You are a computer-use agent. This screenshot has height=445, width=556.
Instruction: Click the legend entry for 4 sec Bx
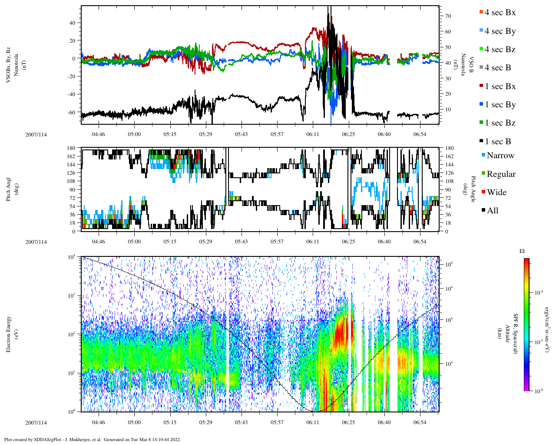coord(500,13)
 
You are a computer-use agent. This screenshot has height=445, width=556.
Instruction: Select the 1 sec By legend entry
coord(500,105)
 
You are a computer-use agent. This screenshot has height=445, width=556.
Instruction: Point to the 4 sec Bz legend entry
coord(500,50)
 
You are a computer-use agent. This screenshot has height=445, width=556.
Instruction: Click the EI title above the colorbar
coord(522,251)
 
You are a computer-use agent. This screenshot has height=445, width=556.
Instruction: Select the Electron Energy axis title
coord(8,334)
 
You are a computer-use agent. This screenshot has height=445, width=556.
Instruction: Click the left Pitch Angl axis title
coord(8,189)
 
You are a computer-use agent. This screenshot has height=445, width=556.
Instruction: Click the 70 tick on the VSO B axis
coord(448,16)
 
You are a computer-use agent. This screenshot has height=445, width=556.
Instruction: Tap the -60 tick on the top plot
coord(72,112)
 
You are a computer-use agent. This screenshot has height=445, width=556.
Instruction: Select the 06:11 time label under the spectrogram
coord(313,422)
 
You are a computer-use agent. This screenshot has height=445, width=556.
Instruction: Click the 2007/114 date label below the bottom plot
coord(36,423)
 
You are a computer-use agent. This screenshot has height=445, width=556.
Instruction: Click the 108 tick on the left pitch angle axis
coord(72,181)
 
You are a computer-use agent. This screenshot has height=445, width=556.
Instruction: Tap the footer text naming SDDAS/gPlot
coord(92,439)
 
